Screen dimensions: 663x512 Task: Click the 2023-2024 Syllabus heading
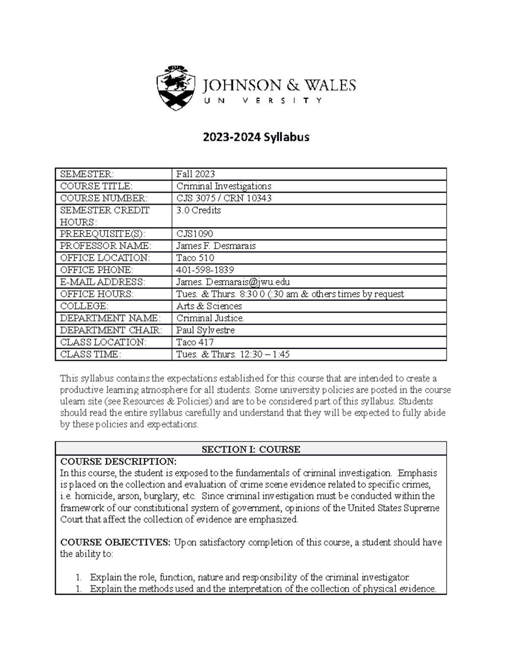click(256, 137)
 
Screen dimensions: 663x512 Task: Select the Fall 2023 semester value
click(196, 174)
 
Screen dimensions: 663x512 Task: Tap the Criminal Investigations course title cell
click(224, 186)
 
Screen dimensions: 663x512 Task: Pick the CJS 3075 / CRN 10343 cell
click(224, 198)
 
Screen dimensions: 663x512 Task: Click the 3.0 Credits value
click(199, 210)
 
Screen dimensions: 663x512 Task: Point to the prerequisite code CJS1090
click(195, 234)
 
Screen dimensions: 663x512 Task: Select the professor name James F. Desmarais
click(216, 246)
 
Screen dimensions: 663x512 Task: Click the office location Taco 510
click(195, 258)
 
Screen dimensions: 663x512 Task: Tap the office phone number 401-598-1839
click(205, 270)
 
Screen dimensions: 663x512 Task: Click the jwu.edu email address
click(233, 282)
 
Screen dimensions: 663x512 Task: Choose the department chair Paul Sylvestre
click(206, 330)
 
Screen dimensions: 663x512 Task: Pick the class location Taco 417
click(195, 342)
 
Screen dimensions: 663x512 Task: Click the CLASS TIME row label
click(91, 354)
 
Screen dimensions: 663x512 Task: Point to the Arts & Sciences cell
click(209, 306)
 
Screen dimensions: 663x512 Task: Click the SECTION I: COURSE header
click(251, 449)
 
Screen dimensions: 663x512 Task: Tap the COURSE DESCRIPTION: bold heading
click(118, 461)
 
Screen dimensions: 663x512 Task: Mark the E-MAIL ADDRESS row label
click(102, 282)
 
